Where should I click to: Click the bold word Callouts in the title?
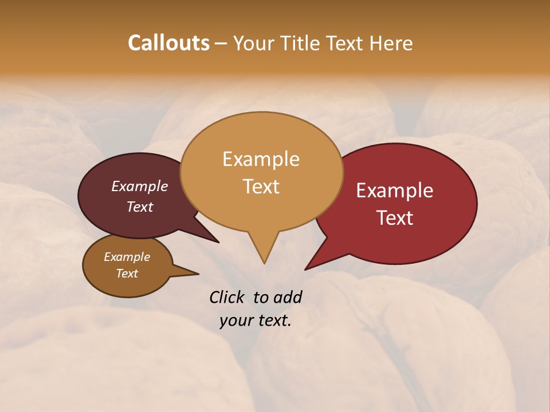(168, 43)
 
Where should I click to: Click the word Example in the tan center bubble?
(261, 159)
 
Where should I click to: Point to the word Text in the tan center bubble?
(261, 186)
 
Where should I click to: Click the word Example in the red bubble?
(395, 191)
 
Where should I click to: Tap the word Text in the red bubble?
(395, 217)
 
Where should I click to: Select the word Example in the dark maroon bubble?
(140, 186)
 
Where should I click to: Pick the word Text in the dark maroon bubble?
(140, 207)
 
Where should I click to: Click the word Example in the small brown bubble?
(127, 257)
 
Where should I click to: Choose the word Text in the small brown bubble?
(127, 274)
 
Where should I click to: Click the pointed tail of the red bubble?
(307, 268)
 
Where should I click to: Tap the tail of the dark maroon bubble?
(217, 241)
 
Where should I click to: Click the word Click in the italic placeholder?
(227, 297)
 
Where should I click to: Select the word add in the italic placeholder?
(288, 297)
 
